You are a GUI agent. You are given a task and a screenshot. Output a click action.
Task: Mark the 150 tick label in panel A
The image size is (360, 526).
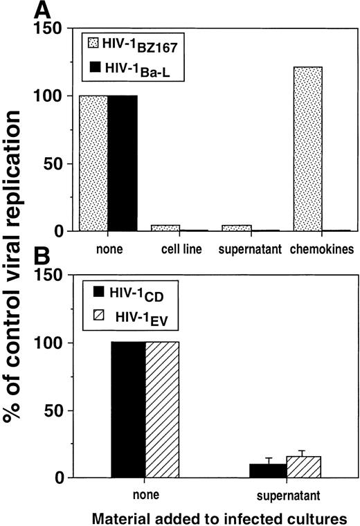click(64, 28)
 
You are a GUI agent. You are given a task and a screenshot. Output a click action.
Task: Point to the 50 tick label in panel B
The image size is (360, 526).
click(69, 410)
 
